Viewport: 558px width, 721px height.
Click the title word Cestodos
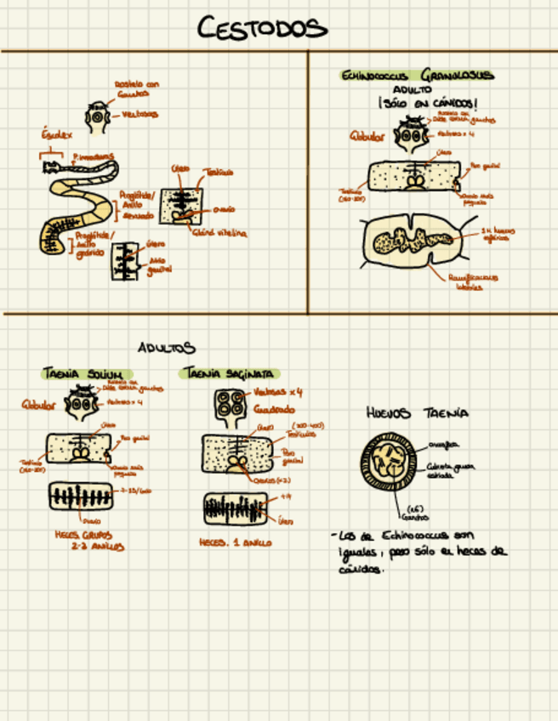(262, 29)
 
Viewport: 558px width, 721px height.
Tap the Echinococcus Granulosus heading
(416, 76)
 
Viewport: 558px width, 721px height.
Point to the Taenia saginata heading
(228, 373)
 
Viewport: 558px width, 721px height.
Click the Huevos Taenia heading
(417, 413)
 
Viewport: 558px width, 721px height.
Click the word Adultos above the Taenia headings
(167, 347)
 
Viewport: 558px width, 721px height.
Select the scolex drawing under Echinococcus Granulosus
(414, 133)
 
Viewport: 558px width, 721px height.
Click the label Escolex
(57, 134)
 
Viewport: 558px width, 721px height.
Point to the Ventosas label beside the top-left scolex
(139, 114)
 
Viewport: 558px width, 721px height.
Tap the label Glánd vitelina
(219, 232)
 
